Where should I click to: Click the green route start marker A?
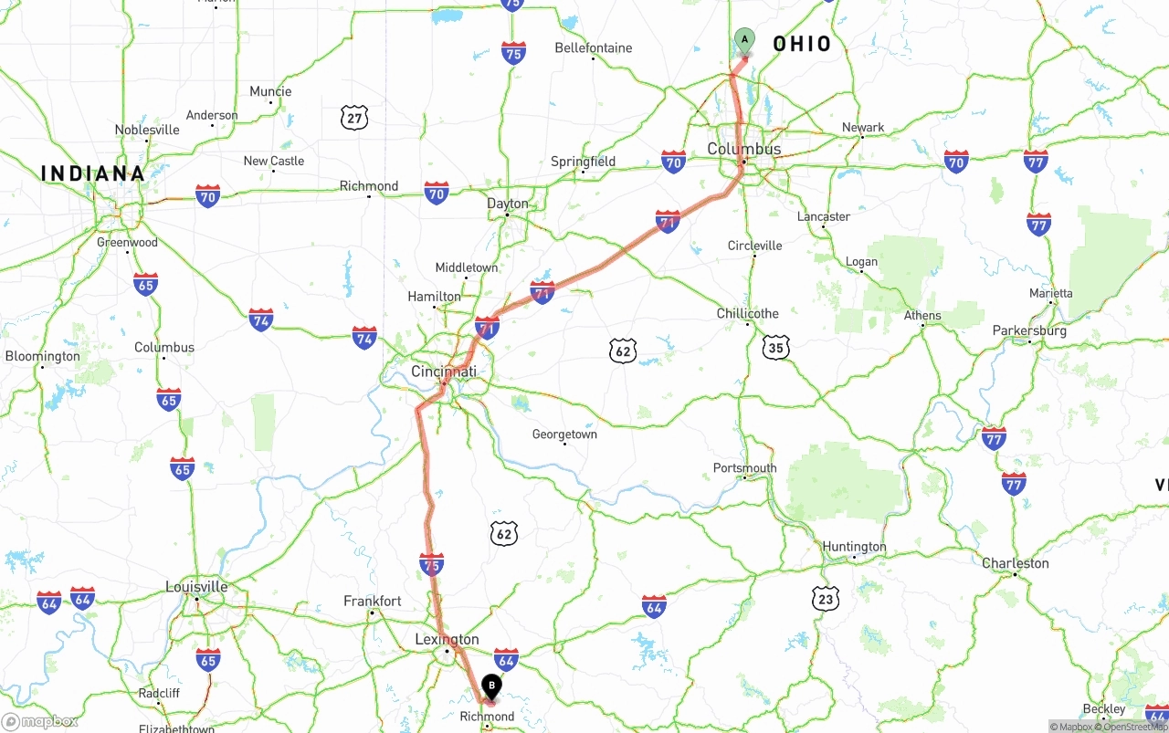point(744,40)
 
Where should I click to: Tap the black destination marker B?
point(491,686)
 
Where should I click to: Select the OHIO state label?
point(802,44)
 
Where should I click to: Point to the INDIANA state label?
point(93,173)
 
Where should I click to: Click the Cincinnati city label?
point(444,372)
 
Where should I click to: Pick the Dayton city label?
point(508,204)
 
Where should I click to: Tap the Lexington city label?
point(447,639)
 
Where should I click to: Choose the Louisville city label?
point(196,586)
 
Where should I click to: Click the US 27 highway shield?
point(354,117)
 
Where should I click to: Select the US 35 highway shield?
point(775,347)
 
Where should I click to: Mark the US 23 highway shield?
point(826,599)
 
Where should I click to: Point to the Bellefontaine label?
point(594,47)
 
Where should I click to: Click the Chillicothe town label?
point(748,313)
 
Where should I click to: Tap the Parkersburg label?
point(1029,330)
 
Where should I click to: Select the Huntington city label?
point(854,547)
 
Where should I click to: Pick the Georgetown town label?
point(564,435)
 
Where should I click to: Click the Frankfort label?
point(373,601)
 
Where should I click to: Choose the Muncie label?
point(270,91)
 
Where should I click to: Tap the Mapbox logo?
point(39,721)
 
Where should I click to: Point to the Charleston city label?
point(1016,563)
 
